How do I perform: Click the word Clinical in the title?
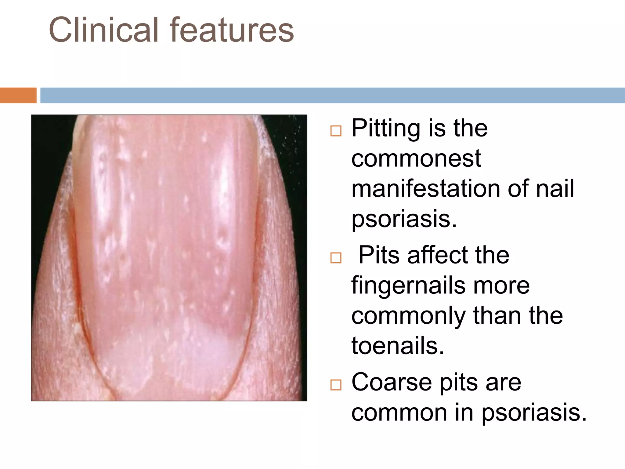104,30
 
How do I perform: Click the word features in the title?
232,30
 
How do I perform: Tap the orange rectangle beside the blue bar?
18,95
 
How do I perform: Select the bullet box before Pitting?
336,131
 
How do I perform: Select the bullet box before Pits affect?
336,258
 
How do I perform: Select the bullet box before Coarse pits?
336,385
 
